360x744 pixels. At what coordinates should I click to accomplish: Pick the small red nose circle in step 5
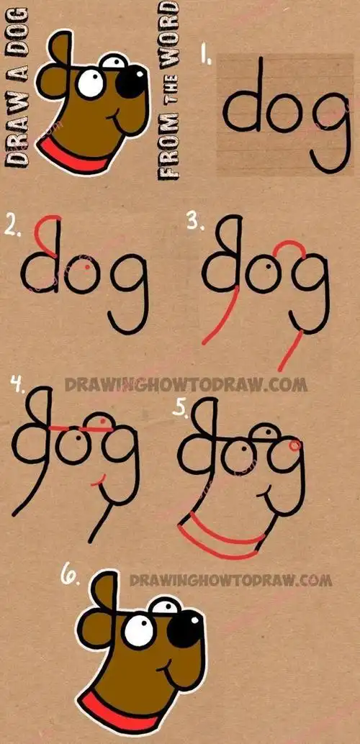coord(294,447)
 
